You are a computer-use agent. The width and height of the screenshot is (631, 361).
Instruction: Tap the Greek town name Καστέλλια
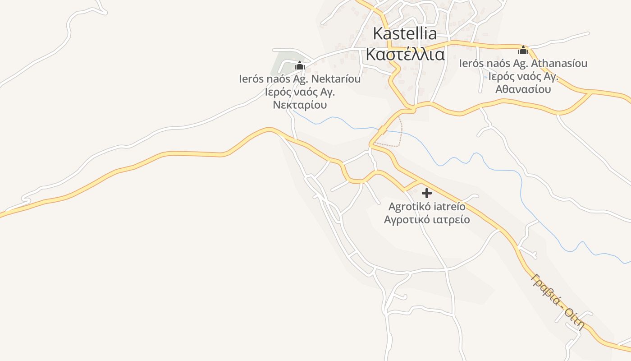point(405,54)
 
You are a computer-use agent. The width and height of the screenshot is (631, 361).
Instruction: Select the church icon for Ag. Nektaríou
point(299,66)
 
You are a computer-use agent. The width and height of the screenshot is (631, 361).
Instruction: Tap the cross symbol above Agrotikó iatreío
point(426,194)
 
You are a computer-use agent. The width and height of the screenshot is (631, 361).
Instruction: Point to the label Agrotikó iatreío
point(426,207)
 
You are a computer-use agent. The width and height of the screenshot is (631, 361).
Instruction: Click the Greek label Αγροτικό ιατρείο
point(426,220)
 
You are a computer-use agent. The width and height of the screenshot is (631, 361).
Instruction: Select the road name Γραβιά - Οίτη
point(558,301)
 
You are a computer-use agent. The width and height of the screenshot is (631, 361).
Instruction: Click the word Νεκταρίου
point(300,105)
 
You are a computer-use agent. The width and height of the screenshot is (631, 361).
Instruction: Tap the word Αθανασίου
point(523,89)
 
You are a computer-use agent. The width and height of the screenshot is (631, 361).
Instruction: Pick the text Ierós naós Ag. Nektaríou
point(300,79)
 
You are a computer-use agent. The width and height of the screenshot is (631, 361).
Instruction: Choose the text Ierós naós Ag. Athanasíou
point(523,63)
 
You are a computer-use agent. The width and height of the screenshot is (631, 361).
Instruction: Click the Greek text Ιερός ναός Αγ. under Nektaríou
point(300,92)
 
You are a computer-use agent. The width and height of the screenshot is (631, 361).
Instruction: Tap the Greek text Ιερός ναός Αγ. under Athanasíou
point(523,76)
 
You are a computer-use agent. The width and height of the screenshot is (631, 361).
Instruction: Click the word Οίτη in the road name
point(575,319)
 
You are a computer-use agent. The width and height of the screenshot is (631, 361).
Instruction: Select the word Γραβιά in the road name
point(545,289)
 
